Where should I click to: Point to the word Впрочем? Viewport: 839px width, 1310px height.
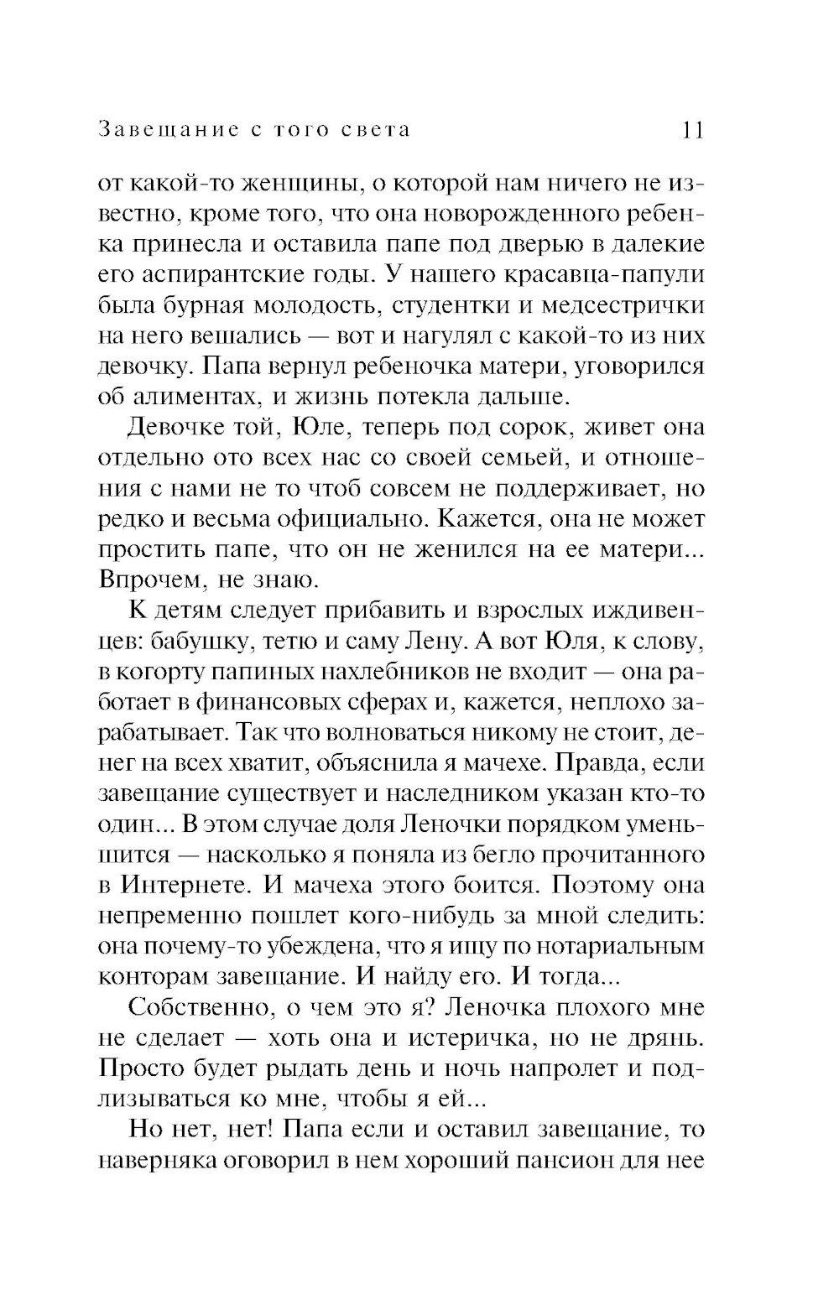[x=149, y=580]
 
